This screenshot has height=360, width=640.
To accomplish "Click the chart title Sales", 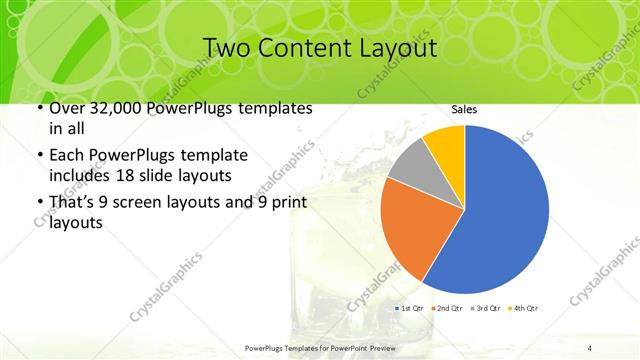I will [x=463, y=109].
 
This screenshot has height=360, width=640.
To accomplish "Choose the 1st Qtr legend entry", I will [x=411, y=308].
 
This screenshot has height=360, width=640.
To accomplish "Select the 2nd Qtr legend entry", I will [x=445, y=308].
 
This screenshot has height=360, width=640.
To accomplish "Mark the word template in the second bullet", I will [x=215, y=155].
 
